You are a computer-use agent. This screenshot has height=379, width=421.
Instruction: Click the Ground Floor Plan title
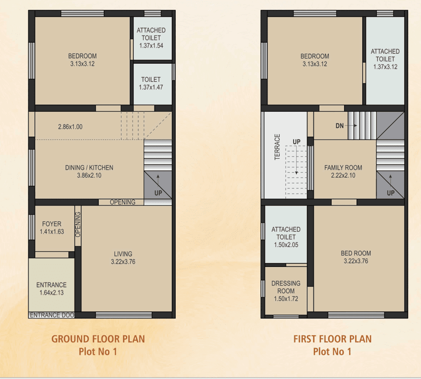[98, 339]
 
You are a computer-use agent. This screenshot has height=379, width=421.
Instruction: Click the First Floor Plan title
[332, 339]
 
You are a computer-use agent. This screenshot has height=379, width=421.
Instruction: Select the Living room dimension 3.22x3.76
[123, 262]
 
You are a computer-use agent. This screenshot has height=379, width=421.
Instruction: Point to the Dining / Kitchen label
[89, 168]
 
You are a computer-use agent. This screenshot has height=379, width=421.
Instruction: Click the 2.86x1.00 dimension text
[70, 127]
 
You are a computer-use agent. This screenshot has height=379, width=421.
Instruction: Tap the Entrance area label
[51, 285]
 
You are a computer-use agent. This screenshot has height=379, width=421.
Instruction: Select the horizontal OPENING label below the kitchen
[122, 202]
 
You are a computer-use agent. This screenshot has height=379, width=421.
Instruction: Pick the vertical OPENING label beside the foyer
[78, 224]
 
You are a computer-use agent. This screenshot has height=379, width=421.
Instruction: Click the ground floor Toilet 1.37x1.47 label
[151, 83]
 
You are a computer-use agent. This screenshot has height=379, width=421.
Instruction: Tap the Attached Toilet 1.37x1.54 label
[151, 38]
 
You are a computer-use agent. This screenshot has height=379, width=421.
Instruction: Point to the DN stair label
[340, 126]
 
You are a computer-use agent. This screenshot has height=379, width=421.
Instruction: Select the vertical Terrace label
[277, 147]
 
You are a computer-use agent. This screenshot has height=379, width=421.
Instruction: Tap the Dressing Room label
[286, 291]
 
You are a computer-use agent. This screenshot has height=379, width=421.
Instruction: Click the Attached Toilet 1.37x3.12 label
[385, 59]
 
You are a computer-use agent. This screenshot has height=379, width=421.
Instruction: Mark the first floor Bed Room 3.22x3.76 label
[356, 257]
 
